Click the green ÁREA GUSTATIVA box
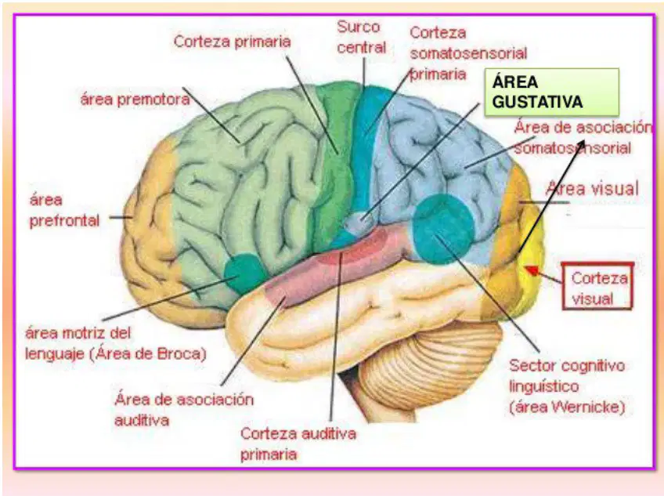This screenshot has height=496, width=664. [x=551, y=92]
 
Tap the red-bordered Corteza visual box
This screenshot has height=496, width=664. [x=597, y=286]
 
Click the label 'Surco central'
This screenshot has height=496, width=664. [x=361, y=38]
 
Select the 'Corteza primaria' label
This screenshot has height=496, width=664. [x=232, y=42]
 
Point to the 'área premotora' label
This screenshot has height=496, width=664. [x=135, y=100]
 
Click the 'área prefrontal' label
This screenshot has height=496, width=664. [x=64, y=210]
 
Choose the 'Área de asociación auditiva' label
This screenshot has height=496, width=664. [x=184, y=410]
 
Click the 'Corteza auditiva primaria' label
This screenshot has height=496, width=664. [x=298, y=444]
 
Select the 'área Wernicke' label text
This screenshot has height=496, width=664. [x=567, y=407]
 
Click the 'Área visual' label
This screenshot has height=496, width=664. [x=593, y=188]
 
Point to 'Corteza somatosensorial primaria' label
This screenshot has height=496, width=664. [x=468, y=53]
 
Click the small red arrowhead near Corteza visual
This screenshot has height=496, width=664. [x=532, y=270]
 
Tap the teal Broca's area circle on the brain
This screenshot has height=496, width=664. [x=244, y=273]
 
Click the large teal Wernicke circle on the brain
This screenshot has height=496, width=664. [x=443, y=229]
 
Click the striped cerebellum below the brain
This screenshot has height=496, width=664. [x=424, y=368]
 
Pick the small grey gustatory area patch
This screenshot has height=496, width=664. [x=359, y=222]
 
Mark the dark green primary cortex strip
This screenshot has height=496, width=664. [x=335, y=165]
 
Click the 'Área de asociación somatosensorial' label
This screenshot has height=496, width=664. [x=583, y=137]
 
